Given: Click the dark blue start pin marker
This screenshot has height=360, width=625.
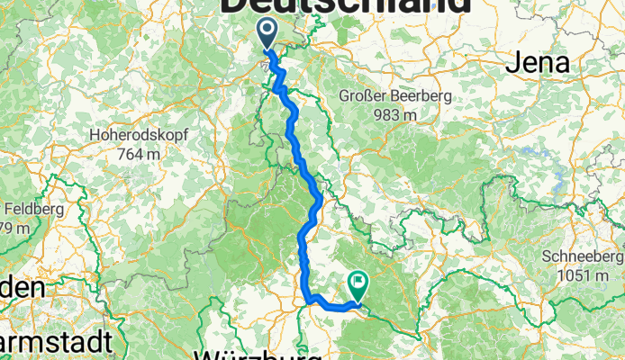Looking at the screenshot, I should coord(267,34).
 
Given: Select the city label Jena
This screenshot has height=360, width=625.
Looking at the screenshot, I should coord(537,63).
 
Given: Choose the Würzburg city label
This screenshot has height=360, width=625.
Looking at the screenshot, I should coord(257,352).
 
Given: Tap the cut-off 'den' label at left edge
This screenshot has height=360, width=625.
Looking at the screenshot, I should coord(22,289).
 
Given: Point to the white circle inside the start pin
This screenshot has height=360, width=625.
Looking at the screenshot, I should coord(267,30).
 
